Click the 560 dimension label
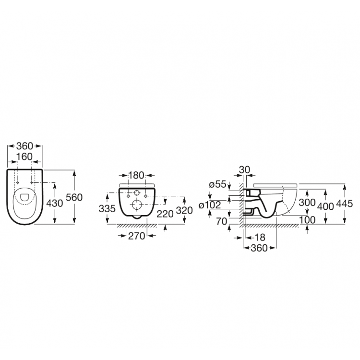(x=75, y=197)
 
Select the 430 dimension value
(x=55, y=203)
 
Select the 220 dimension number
(x=165, y=215)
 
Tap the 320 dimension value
(x=184, y=210)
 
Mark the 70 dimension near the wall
(x=221, y=222)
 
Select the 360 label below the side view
(x=260, y=248)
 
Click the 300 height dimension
(x=307, y=203)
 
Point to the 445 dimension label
(x=345, y=203)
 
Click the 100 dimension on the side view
(x=307, y=220)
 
